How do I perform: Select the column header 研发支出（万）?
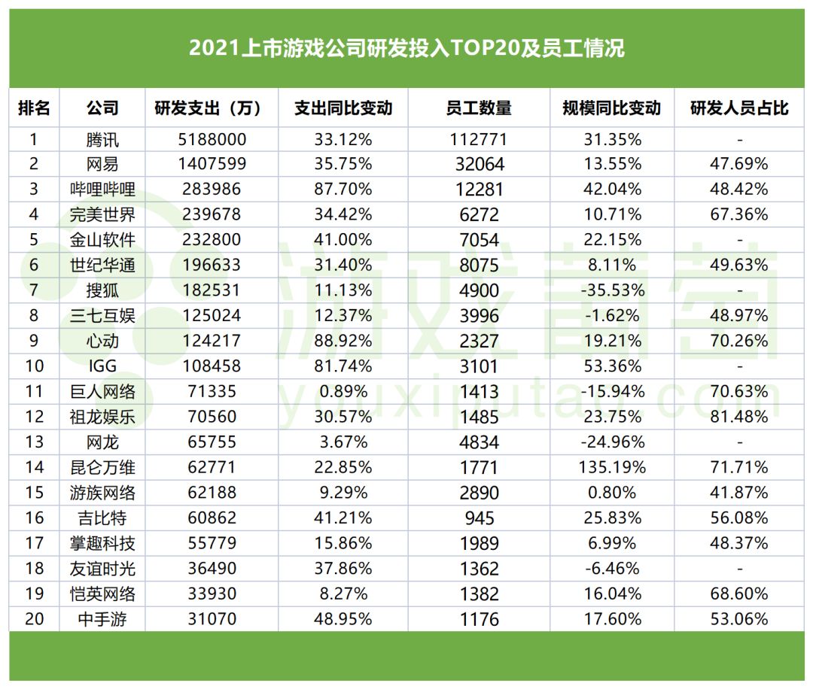pos(208,108)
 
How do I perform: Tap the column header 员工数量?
pos(479,108)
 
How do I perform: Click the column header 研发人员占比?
pos(739,108)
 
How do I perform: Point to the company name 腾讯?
pos(102,139)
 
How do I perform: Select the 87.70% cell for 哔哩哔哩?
pos(343,190)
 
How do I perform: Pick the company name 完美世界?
pos(102,214)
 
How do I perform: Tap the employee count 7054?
pos(479,240)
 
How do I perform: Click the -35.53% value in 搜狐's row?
pos(612,290)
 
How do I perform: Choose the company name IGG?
pos(102,366)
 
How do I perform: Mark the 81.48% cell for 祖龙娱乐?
pos(739,417)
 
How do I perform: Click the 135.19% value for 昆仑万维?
pos(612,467)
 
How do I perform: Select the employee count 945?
pos(479,518)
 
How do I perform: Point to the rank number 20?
pos(35,619)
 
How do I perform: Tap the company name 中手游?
pos(102,619)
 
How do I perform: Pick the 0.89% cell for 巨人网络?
pos(343,391)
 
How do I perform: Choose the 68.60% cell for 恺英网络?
pos(739,593)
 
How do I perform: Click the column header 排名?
pos(35,108)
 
